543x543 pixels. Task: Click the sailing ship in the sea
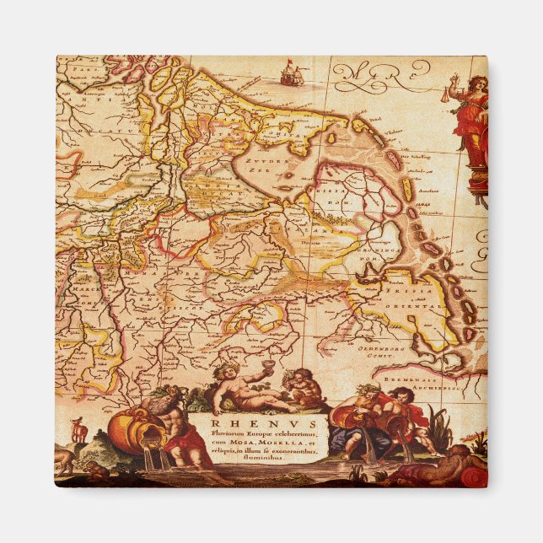click(290, 74)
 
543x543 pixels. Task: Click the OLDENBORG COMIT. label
click(395, 349)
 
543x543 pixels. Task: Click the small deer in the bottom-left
click(80, 429)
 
